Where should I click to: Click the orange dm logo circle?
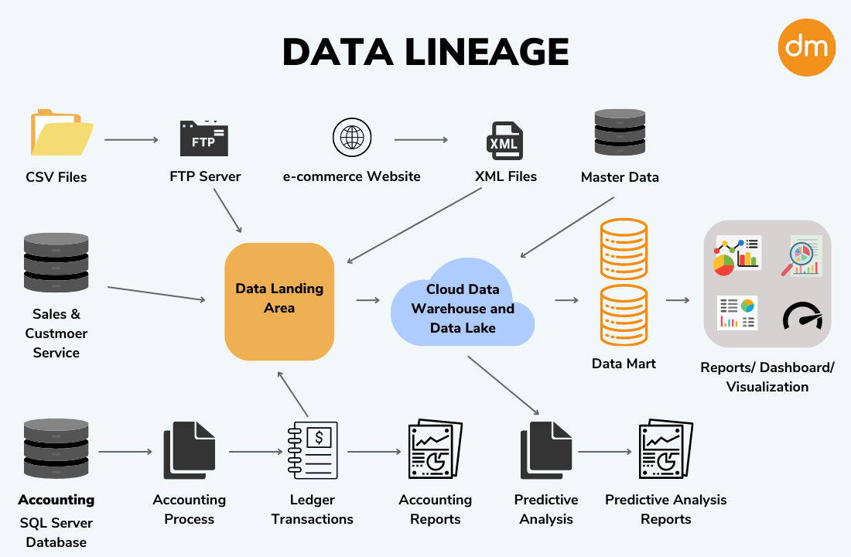point(807,47)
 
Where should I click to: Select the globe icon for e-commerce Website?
point(351,138)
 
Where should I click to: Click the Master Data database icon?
point(620,132)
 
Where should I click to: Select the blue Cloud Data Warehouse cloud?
point(463,309)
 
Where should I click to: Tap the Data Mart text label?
point(623,364)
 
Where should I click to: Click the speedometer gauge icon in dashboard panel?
point(801,316)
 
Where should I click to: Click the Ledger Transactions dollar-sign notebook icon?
point(313,451)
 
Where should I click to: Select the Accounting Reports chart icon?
point(435,450)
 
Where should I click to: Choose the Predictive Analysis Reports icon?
point(665,450)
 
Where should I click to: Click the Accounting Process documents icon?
point(189,451)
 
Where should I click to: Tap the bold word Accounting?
point(56,500)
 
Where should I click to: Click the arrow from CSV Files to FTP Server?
point(131,140)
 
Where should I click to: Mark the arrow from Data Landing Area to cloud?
point(367,299)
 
